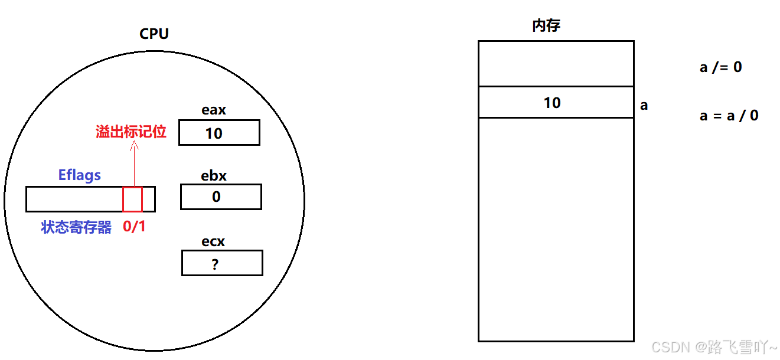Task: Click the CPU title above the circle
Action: click(x=154, y=34)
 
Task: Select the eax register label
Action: click(x=214, y=110)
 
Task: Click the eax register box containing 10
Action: click(x=219, y=133)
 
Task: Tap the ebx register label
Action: click(x=214, y=176)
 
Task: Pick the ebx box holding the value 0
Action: click(x=221, y=197)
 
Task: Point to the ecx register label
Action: click(x=213, y=241)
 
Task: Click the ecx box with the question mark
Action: click(x=222, y=263)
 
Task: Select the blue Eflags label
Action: click(x=79, y=175)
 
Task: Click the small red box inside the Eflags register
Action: click(x=132, y=199)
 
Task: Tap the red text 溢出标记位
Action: click(x=131, y=132)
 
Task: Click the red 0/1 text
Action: click(x=134, y=227)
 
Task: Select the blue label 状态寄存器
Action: click(x=76, y=227)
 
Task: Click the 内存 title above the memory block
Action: click(x=546, y=26)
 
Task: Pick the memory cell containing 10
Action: click(x=556, y=103)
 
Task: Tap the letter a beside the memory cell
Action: click(x=644, y=106)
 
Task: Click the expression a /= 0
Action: click(x=720, y=67)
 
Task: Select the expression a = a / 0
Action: click(x=729, y=115)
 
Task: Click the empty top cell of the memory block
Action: click(x=556, y=64)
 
